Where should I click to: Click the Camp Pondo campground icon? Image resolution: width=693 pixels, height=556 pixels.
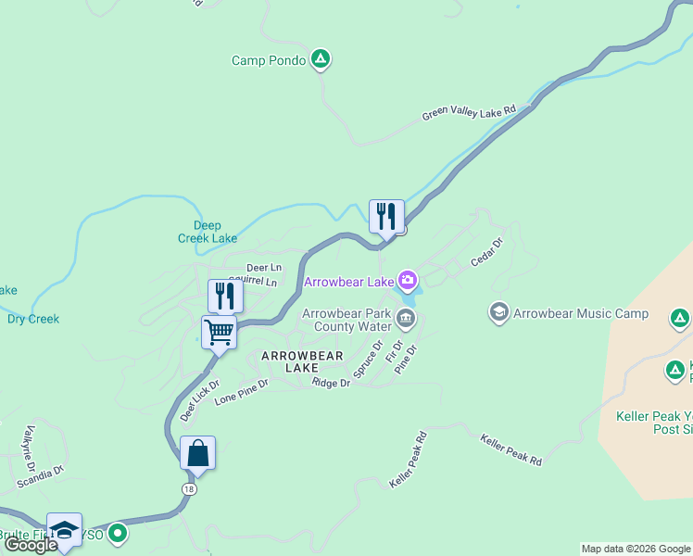click(x=321, y=60)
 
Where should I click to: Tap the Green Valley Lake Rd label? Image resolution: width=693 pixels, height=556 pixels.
click(x=469, y=113)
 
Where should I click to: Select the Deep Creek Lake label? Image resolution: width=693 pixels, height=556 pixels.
click(x=208, y=232)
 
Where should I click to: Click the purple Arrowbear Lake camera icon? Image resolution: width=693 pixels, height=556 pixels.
click(x=407, y=279)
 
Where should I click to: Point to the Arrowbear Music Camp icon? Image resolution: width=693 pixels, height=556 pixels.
click(x=499, y=313)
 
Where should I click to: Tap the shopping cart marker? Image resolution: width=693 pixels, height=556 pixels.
click(x=220, y=332)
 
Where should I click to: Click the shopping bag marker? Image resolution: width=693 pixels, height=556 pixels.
click(x=197, y=453)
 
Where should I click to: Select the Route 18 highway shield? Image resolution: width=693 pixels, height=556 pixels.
click(x=189, y=488)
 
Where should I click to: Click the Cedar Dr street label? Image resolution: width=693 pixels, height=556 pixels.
click(x=486, y=253)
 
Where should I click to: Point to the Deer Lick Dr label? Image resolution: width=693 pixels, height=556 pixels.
click(x=199, y=400)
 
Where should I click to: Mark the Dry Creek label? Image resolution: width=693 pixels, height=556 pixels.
click(x=33, y=319)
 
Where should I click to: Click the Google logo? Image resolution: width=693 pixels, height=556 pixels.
click(x=31, y=544)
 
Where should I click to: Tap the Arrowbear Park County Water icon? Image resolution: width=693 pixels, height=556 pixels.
click(x=405, y=320)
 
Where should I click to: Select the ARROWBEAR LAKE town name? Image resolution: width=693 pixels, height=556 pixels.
click(x=302, y=361)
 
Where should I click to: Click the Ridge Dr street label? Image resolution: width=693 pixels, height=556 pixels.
click(x=330, y=383)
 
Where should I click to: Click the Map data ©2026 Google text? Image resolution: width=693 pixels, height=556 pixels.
click(x=635, y=549)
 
